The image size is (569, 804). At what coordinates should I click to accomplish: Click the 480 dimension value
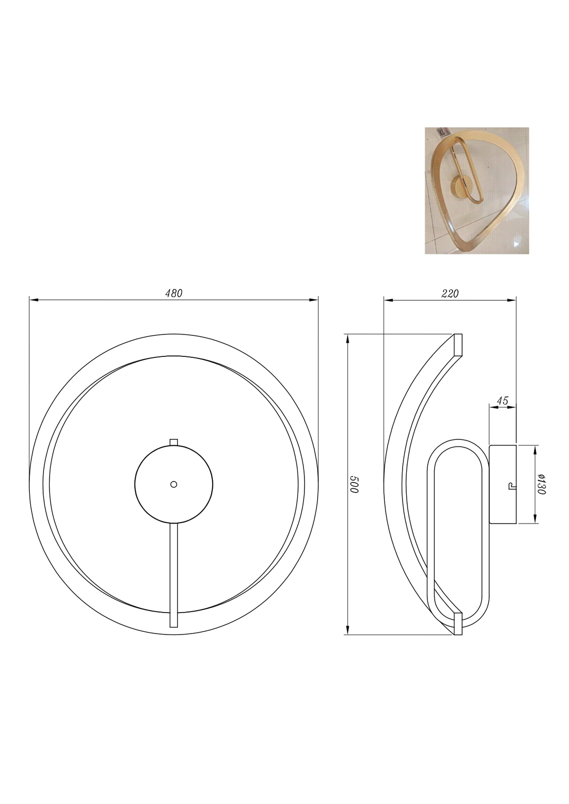tap(174, 293)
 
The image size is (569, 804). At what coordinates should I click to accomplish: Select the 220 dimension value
tap(450, 293)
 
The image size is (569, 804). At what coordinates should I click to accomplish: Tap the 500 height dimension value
tap(354, 485)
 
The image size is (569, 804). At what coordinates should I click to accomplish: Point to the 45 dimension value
tap(502, 400)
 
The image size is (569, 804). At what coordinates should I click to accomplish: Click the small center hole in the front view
tap(173, 484)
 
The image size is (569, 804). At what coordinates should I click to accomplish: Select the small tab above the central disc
tap(173, 442)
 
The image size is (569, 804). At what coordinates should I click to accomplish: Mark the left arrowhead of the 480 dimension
tap(34, 300)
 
